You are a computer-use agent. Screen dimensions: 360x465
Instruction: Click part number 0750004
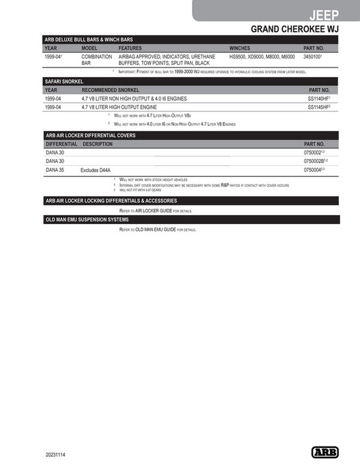click(x=314, y=169)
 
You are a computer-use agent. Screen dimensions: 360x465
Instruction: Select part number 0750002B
click(x=316, y=160)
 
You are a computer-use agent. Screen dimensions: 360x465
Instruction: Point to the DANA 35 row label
click(x=54, y=169)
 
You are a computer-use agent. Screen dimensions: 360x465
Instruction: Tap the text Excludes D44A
click(x=96, y=169)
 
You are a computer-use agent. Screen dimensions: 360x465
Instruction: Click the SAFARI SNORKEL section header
click(x=64, y=81)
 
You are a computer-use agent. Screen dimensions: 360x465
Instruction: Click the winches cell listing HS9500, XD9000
click(x=262, y=57)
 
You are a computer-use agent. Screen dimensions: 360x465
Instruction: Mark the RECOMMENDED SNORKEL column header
click(x=111, y=90)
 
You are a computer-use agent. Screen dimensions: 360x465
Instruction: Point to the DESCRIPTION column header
click(x=98, y=145)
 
